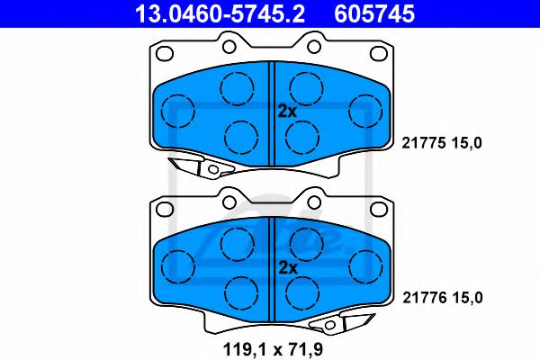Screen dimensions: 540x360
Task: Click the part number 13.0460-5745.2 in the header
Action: click(220, 13)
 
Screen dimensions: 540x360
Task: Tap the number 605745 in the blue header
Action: click(374, 13)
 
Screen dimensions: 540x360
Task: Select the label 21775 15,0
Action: click(442, 142)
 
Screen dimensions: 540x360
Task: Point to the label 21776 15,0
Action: click(443, 298)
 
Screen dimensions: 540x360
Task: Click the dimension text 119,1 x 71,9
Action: click(273, 349)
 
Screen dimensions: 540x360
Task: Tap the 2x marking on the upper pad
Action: click(287, 112)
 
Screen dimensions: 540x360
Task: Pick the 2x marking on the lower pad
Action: click(288, 267)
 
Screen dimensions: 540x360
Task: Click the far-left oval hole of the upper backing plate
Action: click(165, 53)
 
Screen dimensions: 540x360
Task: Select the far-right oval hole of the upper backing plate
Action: click(379, 53)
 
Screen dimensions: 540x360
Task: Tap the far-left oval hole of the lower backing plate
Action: click(165, 208)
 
